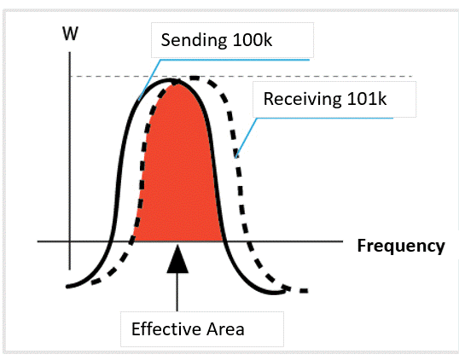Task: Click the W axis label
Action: tap(70, 33)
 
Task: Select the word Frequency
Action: tap(401, 247)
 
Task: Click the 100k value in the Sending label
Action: tap(253, 40)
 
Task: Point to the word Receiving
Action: tap(303, 99)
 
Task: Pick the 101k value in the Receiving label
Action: tap(367, 99)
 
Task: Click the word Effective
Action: tap(166, 329)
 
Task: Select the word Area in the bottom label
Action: tap(225, 329)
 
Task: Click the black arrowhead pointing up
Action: tap(177, 259)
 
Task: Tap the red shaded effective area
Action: tap(178, 176)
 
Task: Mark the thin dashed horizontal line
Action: tap(241, 77)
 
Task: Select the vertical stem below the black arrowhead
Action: tap(177, 292)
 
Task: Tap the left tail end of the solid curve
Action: tap(67, 287)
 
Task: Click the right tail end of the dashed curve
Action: tap(306, 291)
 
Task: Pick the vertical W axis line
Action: tap(70, 160)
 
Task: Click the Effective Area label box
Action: tap(202, 329)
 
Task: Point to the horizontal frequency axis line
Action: tap(190, 241)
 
